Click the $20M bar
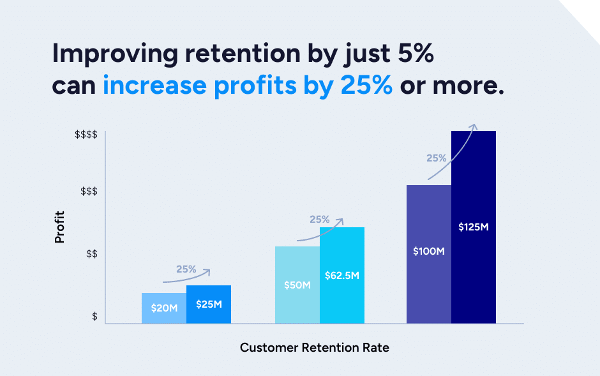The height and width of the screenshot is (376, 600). (x=164, y=308)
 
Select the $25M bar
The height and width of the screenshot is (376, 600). (x=209, y=304)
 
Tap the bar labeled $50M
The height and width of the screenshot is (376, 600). (x=297, y=285)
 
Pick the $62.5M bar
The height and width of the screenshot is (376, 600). (x=342, y=275)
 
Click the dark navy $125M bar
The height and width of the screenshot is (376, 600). (x=474, y=227)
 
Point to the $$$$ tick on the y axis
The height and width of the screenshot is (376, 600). (x=86, y=135)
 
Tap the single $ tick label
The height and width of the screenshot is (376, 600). (x=94, y=317)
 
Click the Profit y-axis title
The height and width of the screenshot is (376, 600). (x=60, y=227)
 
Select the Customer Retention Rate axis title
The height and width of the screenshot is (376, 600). (x=314, y=348)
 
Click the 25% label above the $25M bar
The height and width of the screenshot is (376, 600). (x=186, y=269)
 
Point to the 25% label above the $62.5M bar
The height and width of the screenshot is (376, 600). (x=319, y=220)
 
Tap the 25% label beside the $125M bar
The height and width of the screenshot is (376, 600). (x=437, y=158)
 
